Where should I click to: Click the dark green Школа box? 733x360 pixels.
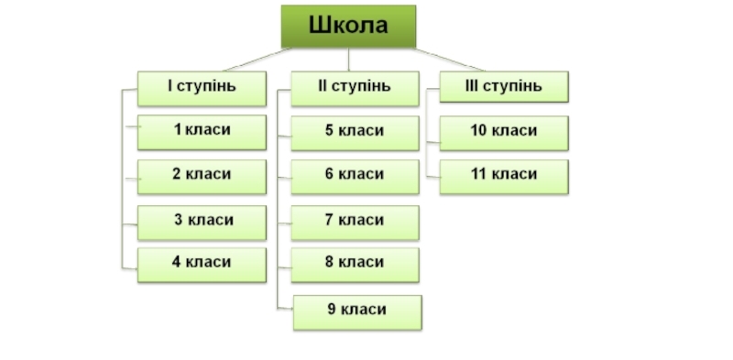pos(348,27)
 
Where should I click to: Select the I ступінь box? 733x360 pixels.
pos(202,88)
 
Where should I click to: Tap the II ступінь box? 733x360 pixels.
pos(355,88)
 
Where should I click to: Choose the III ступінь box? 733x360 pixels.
pos(504,86)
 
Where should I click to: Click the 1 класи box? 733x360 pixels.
pos(202,132)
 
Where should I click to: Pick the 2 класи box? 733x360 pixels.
pos(202,177)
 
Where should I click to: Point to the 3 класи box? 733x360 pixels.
pos(202,223)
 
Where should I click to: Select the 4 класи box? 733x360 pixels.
pos(202,265)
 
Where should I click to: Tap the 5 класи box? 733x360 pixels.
pos(355,133)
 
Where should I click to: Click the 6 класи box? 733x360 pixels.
pos(355,177)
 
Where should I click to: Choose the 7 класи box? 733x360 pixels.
pos(355,223)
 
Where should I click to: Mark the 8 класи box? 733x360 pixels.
pos(355,265)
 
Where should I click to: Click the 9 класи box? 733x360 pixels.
pos(357,312)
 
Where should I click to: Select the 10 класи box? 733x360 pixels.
pos(504,133)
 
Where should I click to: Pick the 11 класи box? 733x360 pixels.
pos(504,177)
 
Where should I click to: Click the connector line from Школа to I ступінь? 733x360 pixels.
pos(258,60)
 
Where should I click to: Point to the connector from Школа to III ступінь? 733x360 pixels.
pos(449,60)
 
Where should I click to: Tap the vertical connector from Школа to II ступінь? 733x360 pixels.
pos(348,60)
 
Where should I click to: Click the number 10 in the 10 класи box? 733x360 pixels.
pos(478,130)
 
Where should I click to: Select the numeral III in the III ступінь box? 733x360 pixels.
pos(472,85)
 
